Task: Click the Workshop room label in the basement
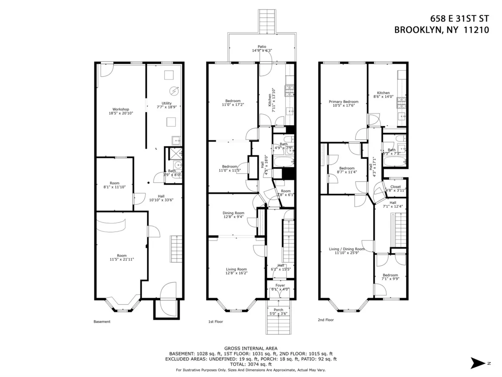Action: pyautogui.click(x=120, y=109)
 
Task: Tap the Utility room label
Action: pyautogui.click(x=166, y=103)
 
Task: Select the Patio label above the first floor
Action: pyautogui.click(x=262, y=46)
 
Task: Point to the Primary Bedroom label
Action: pyautogui.click(x=343, y=101)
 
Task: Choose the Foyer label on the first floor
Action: pyautogui.click(x=280, y=285)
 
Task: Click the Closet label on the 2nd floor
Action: pyautogui.click(x=395, y=186)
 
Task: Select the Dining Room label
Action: pyautogui.click(x=233, y=213)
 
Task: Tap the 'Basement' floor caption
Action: pyautogui.click(x=102, y=322)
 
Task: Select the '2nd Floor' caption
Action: pyautogui.click(x=325, y=320)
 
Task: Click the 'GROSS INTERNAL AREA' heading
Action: pyautogui.click(x=251, y=348)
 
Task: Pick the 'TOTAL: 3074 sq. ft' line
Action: pyautogui.click(x=251, y=364)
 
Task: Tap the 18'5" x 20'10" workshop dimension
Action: pyautogui.click(x=120, y=113)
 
